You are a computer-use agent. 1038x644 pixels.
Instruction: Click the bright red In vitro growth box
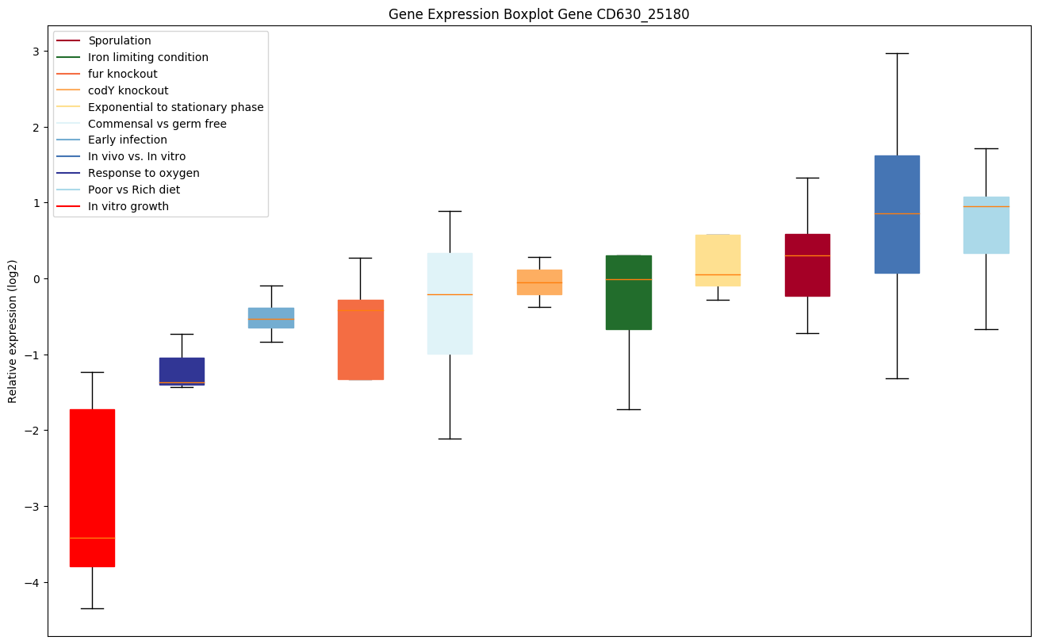[92, 488]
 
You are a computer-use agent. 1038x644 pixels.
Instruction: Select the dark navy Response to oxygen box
[182, 371]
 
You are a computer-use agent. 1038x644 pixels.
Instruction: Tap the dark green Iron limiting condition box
[629, 292]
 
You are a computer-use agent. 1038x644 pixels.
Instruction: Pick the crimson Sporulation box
[807, 265]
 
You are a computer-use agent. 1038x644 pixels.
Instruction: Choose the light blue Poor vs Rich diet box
[986, 225]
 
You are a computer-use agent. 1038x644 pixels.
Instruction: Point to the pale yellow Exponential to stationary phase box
[718, 260]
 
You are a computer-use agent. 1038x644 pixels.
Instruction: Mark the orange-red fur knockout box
[361, 339]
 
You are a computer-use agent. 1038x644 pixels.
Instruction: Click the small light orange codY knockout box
[539, 282]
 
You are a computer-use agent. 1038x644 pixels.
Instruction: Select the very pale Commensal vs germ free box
[450, 304]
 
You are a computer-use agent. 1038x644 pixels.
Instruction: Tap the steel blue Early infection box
[271, 317]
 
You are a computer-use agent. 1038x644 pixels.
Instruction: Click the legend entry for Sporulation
[120, 40]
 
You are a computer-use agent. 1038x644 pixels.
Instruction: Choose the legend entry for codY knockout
[128, 90]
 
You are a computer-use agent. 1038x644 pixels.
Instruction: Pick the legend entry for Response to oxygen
[144, 173]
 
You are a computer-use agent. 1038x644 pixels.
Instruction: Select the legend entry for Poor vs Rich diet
[134, 190]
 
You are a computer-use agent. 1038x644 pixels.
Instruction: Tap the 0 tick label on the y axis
[36, 279]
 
